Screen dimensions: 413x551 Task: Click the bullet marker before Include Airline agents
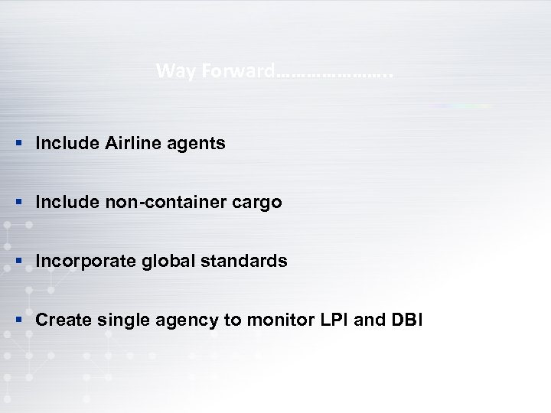18,143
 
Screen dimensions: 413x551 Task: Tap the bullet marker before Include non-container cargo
18,203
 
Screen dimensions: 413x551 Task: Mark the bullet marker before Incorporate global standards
18,262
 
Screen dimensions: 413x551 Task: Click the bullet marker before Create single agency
18,319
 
